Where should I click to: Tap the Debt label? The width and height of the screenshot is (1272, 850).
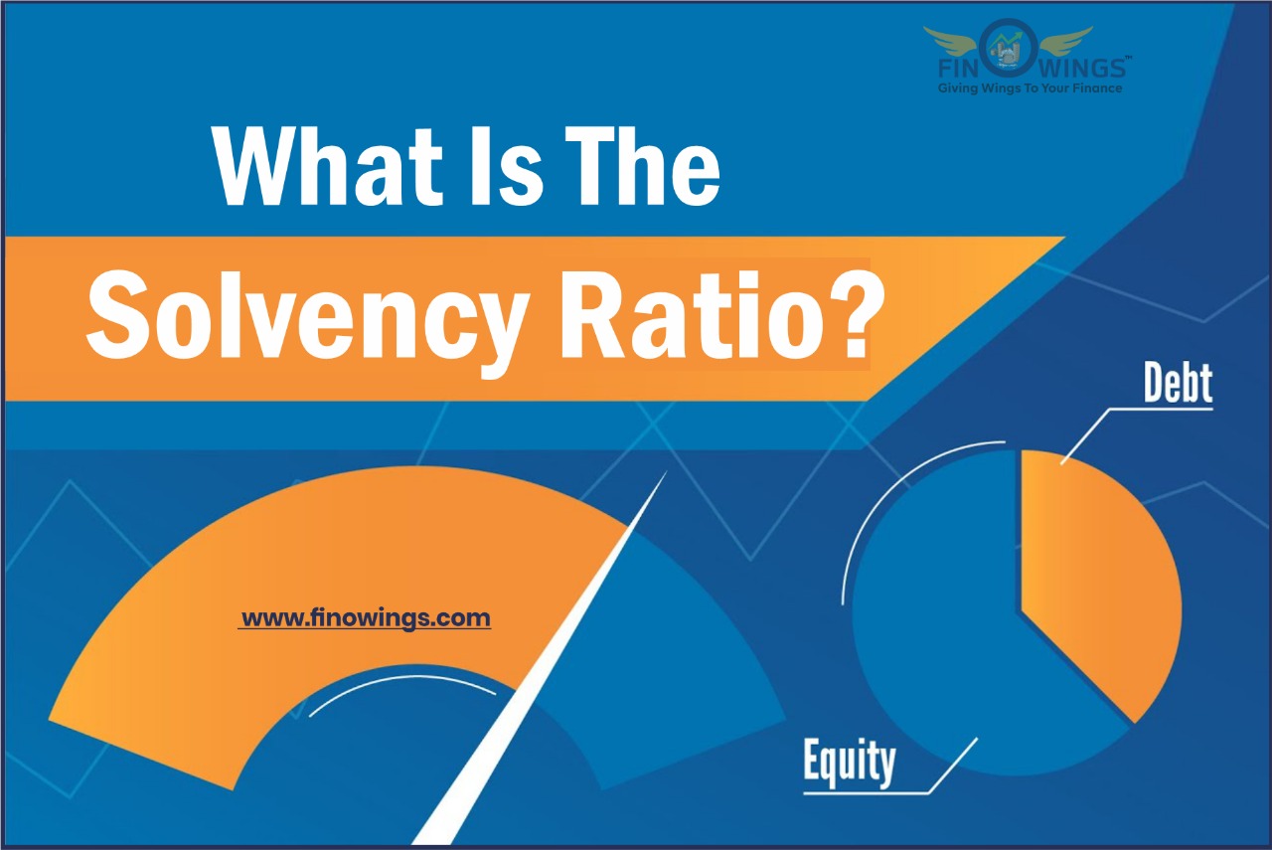[x=1178, y=382]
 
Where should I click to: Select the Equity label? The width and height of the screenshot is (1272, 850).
[x=849, y=764]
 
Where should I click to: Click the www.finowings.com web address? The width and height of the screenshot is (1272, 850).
[x=366, y=618]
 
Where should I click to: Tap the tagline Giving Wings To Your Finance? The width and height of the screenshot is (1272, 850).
[x=1031, y=88]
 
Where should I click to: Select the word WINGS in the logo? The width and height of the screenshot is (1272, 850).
[x=1085, y=70]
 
